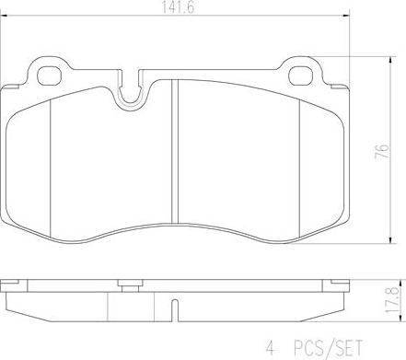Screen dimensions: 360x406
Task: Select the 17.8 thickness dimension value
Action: coord(390,297)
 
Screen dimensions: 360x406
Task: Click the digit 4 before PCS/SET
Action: coord(271,348)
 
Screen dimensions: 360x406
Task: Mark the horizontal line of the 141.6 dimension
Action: coord(92,17)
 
